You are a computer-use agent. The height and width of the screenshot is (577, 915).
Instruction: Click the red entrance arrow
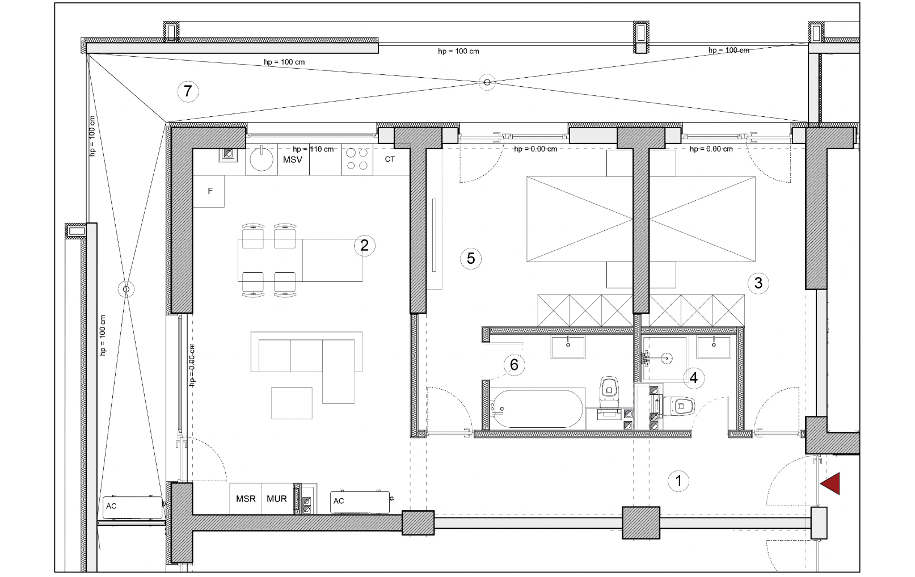pyautogui.click(x=830, y=483)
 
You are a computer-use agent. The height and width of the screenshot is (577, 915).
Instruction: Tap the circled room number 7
pyautogui.click(x=188, y=91)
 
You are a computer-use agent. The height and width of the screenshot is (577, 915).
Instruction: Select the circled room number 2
pyautogui.click(x=364, y=245)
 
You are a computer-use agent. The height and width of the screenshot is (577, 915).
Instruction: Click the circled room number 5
pyautogui.click(x=471, y=258)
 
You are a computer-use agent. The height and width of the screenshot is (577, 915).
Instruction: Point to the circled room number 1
pyautogui.click(x=678, y=481)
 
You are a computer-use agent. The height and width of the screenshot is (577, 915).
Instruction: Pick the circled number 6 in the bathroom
pyautogui.click(x=514, y=364)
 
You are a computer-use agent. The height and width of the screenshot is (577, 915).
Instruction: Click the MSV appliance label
pyautogui.click(x=293, y=160)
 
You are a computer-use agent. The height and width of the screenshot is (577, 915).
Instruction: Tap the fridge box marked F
pyautogui.click(x=209, y=191)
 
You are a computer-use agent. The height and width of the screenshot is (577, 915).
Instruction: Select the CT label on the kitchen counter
pyautogui.click(x=390, y=159)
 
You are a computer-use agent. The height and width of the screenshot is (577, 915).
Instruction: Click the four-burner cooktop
pyautogui.click(x=357, y=159)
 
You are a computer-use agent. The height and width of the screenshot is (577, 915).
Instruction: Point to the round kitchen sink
pyautogui.click(x=262, y=159)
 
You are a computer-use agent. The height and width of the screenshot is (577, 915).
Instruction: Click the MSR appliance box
pyautogui.click(x=246, y=499)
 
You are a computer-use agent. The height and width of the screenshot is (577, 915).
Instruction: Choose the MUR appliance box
pyautogui.click(x=277, y=499)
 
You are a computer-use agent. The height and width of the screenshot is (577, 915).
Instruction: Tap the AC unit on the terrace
pyautogui.click(x=133, y=508)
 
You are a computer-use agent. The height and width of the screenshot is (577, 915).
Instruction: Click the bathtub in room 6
pyautogui.click(x=537, y=408)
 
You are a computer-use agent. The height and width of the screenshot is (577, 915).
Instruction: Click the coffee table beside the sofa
pyautogui.click(x=292, y=403)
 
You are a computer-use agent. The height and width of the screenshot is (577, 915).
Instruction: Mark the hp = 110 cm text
pyautogui.click(x=313, y=149)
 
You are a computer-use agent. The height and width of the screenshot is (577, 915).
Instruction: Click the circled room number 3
pyautogui.click(x=758, y=283)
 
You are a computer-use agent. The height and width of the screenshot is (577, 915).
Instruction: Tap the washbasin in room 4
pyautogui.click(x=714, y=347)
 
